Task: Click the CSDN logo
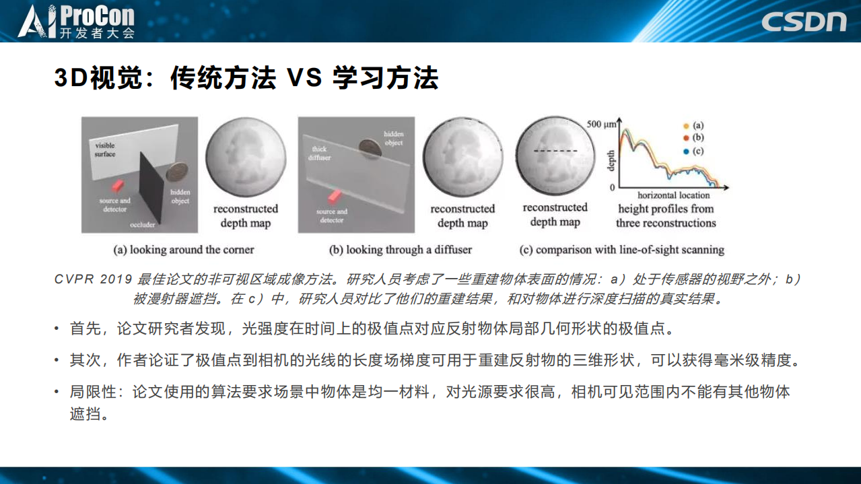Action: click(x=804, y=21)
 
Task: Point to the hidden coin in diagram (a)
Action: click(x=177, y=171)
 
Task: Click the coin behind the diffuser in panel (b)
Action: click(x=369, y=147)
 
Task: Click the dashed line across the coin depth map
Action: click(x=556, y=151)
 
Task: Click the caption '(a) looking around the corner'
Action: click(x=184, y=250)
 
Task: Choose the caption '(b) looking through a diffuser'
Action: click(x=401, y=250)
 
